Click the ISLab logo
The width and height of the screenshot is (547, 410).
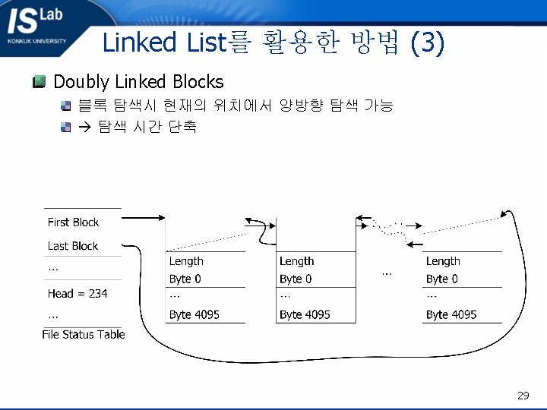tap(38, 26)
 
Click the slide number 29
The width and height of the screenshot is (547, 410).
tap(523, 396)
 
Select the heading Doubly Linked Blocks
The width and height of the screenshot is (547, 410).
tap(138, 82)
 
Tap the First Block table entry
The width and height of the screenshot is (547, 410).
tap(73, 222)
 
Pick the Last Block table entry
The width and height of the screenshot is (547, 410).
tap(73, 246)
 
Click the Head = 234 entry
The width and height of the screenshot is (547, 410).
tap(77, 294)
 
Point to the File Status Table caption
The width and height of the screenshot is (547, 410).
tap(83, 334)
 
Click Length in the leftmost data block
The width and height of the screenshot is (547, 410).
tap(186, 261)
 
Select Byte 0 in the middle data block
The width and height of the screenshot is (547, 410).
tap(296, 279)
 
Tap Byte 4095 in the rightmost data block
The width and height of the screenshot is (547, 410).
tap(451, 314)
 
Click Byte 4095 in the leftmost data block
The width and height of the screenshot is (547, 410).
tap(194, 314)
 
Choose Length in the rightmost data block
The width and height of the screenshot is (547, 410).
tap(443, 261)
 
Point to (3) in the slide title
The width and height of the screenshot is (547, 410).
tap(426, 43)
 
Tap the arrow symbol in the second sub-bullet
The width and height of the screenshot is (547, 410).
tap(84, 127)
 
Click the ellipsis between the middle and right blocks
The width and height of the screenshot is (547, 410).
tap(387, 272)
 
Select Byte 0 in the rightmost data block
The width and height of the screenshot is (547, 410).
tap(442, 279)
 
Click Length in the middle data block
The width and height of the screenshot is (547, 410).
tap(296, 261)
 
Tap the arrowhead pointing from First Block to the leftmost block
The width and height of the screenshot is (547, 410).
tap(160, 219)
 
